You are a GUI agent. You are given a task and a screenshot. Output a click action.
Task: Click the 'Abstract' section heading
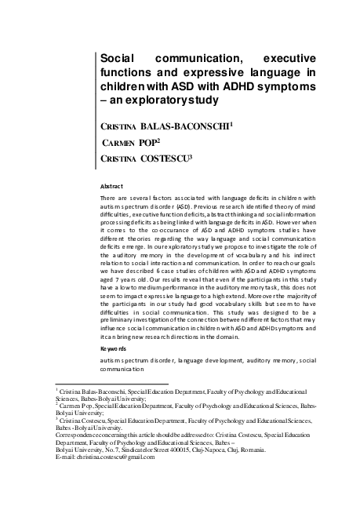111,186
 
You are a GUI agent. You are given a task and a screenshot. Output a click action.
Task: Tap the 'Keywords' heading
115,346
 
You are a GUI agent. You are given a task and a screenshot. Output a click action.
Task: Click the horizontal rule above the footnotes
103,384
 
